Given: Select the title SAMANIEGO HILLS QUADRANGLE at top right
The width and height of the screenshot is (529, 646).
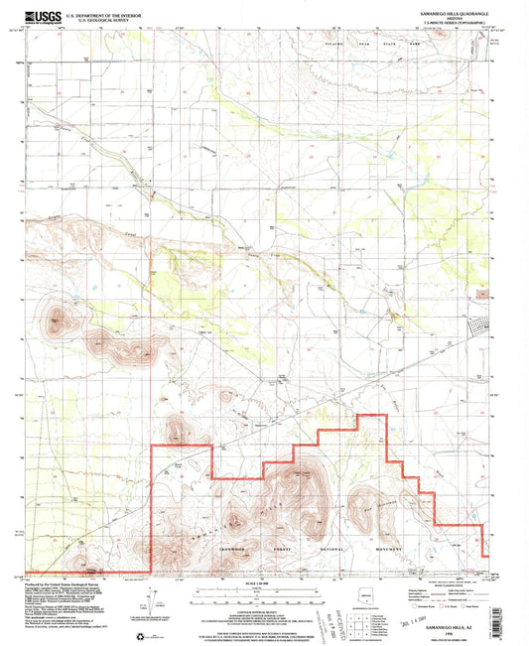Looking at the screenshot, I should pyautogui.click(x=447, y=11).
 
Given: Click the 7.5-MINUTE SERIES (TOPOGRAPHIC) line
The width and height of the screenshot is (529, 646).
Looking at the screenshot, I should pyautogui.click(x=447, y=23).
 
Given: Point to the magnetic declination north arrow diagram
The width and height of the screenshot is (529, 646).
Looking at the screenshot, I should pyautogui.click(x=150, y=600).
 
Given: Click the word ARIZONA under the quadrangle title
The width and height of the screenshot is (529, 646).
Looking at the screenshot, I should pyautogui.click(x=447, y=17).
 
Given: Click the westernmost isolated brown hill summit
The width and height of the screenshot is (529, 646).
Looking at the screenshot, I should pyautogui.click(x=56, y=319).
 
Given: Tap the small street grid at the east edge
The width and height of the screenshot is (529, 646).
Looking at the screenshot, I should pyautogui.click(x=483, y=326).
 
